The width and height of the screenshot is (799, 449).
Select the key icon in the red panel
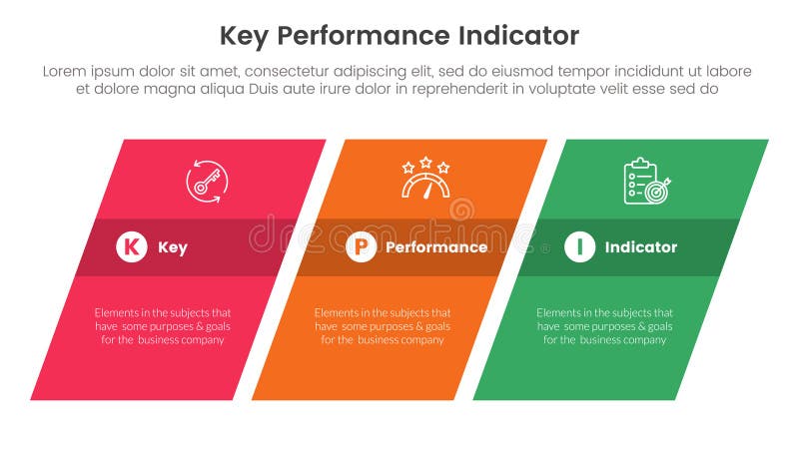pos(207,182)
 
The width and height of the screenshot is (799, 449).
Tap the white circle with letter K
pos(131,247)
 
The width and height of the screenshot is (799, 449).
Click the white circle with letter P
pos(361,247)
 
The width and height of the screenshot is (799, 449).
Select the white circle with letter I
pos(579,247)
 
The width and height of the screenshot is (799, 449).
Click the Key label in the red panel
pos(172,247)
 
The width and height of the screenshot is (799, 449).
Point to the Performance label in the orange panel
pos(436,247)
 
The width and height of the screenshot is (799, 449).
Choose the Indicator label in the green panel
pos(641,247)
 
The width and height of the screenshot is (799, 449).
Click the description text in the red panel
pos(163,325)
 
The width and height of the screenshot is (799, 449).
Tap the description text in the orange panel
pos(383,325)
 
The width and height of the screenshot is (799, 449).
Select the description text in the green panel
pos(604,325)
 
